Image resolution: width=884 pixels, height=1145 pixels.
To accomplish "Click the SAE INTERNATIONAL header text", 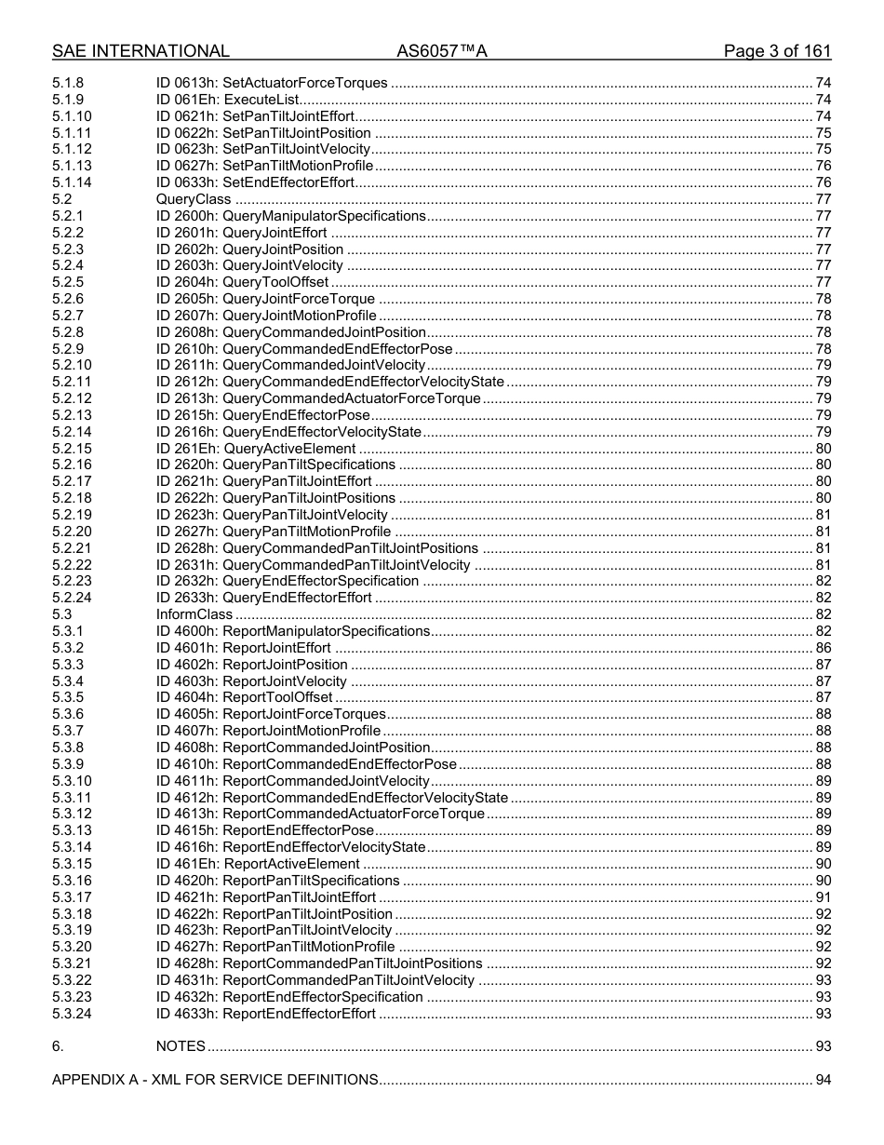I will tap(141, 51).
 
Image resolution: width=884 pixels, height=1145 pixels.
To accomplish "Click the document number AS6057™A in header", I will tap(441, 51).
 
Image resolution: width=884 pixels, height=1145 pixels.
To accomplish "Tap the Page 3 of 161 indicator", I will tap(777, 51).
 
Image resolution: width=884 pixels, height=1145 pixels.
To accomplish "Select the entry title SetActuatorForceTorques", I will tap(304, 84).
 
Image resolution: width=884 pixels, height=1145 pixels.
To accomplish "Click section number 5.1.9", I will tap(68, 100).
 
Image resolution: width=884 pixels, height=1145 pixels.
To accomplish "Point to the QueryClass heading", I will tap(194, 199).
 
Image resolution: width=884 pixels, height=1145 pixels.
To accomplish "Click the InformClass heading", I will tap(194, 614).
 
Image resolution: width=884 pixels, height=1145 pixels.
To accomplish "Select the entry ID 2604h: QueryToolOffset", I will tap(242, 282).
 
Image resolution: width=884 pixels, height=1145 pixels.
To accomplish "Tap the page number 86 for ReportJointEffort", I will tap(823, 648).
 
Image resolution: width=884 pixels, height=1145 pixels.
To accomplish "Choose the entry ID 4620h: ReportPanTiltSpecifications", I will tap(277, 881).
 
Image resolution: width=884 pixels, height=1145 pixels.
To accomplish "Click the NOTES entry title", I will tap(181, 1046).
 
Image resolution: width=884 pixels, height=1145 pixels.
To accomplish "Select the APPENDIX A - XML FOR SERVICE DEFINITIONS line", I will tap(215, 1080).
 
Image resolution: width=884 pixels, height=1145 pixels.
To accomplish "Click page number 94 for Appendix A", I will tap(823, 1080).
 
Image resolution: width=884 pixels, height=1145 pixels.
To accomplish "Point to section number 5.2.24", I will tap(72, 598).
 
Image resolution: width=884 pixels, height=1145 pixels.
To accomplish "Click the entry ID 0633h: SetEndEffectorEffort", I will tap(255, 182).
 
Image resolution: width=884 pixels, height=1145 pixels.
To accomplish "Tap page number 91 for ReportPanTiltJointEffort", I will tap(823, 897).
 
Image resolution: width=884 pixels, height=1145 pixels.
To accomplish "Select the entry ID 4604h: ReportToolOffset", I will tap(244, 697).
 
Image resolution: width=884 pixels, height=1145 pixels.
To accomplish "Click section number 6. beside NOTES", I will tap(58, 1046).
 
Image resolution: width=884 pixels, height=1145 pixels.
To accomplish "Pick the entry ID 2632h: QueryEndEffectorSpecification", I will tap(288, 581).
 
